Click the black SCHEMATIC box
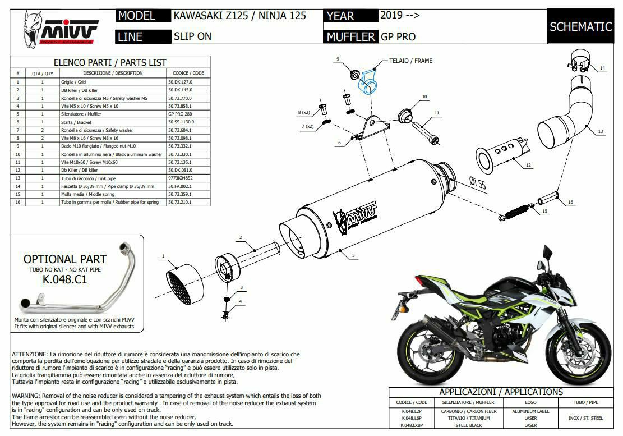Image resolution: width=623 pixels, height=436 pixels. tap(580, 26)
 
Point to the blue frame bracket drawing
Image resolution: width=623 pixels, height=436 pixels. tap(368, 80)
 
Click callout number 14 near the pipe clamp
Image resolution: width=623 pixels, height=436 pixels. tap(602, 68)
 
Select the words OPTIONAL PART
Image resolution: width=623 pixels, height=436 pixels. tap(64, 259)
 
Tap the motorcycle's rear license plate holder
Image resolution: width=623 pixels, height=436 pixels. tap(403, 304)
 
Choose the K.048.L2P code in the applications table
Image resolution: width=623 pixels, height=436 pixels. tap(412, 412)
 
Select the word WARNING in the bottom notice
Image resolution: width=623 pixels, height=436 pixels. tap(27, 396)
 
